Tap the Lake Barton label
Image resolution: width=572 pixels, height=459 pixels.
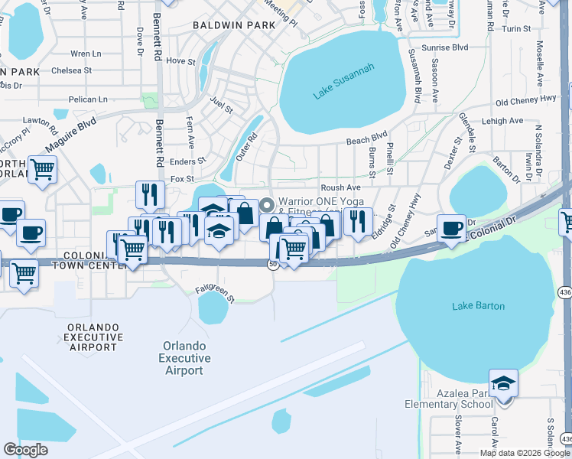[478, 306]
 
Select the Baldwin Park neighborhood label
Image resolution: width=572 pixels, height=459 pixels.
[233, 25]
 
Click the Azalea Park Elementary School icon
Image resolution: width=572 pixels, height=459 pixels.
[503, 382]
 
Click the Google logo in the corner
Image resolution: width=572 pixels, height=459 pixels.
[25, 450]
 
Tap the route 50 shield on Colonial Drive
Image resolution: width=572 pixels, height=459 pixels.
[272, 264]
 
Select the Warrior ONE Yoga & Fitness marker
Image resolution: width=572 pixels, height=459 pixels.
[267, 204]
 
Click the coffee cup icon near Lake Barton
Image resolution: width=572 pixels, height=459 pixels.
[451, 227]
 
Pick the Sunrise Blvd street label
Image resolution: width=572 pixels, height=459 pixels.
[449, 47]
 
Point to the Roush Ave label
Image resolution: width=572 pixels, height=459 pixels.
[340, 187]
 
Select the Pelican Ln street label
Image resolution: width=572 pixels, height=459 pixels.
[87, 99]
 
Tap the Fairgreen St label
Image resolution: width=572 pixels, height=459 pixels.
[213, 289]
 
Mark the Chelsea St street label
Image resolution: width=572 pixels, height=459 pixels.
[72, 70]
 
